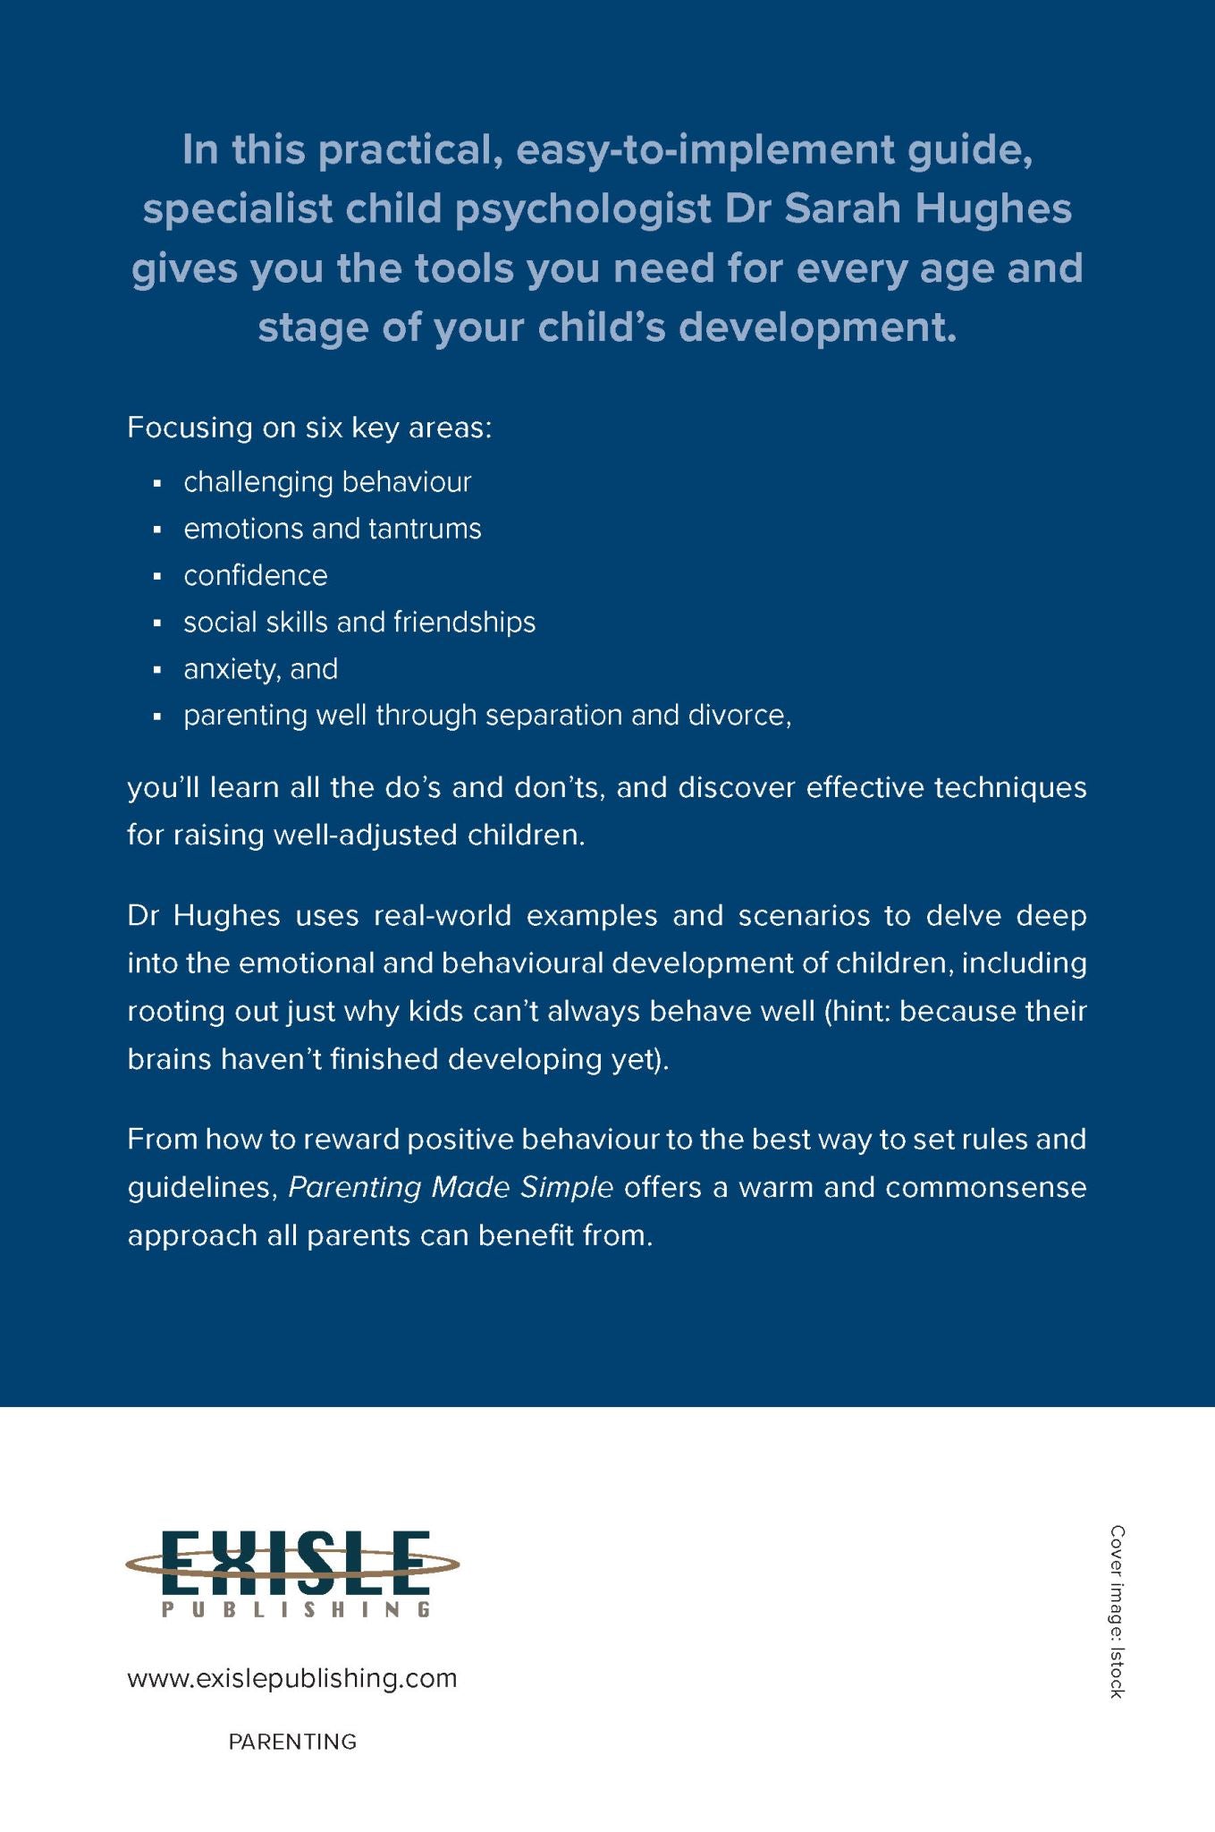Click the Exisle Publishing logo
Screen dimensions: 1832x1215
pos(292,1572)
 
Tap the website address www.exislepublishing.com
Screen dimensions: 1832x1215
pos(292,1678)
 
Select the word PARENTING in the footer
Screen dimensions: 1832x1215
pos(292,1742)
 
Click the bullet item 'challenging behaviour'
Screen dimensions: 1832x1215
pos(327,482)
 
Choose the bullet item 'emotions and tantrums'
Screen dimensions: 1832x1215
pos(332,529)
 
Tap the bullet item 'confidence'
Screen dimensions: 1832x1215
pos(256,575)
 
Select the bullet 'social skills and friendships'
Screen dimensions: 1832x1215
pos(359,622)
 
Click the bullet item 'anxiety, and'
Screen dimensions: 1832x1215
pos(260,669)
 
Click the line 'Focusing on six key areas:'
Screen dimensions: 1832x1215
pos(309,428)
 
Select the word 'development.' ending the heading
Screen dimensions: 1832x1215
pos(817,327)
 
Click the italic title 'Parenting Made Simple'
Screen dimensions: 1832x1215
pos(451,1187)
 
